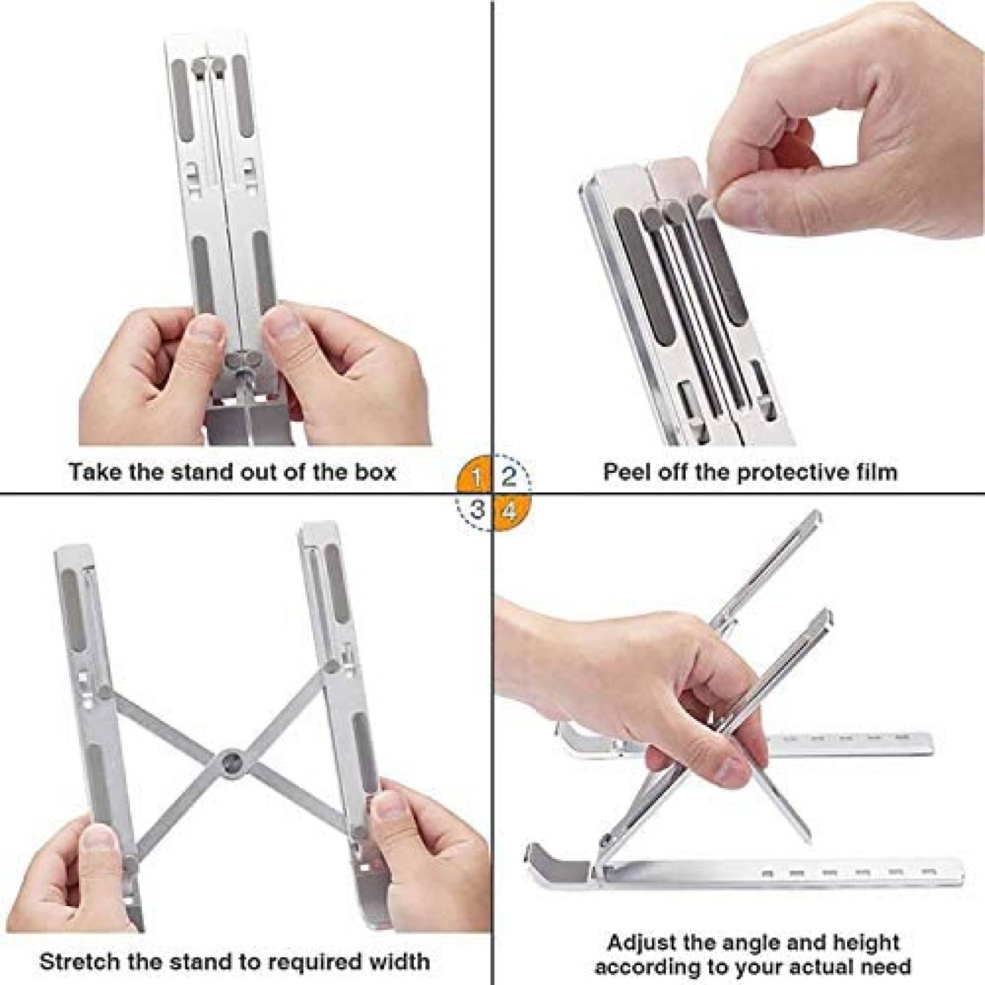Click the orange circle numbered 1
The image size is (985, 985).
coord(475,475)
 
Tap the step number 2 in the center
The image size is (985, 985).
coord(509,475)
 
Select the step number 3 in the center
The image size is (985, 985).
coord(477,510)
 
